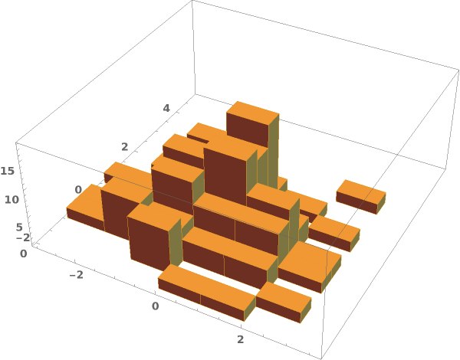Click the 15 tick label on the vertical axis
(7, 171)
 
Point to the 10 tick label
(11, 200)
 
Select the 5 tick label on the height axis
(19, 227)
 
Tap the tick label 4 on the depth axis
(166, 108)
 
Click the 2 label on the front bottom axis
(240, 339)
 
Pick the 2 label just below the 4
(125, 147)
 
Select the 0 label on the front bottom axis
(155, 306)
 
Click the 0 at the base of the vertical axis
(24, 254)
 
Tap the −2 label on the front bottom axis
(76, 275)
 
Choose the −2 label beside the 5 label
(23, 237)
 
